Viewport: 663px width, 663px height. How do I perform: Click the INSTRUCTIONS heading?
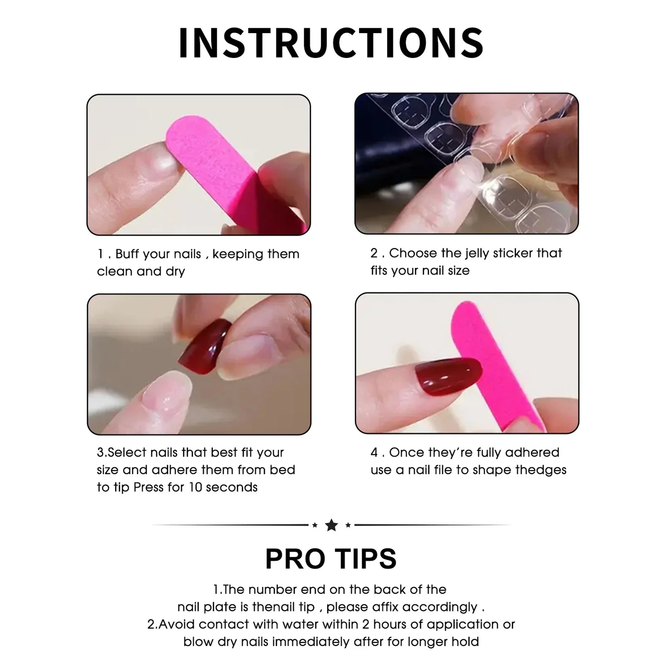coord(331,43)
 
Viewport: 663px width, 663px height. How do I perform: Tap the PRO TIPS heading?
coord(331,559)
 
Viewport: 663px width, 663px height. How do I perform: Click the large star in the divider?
coord(331,525)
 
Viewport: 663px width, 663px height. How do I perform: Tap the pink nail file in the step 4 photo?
coord(497,365)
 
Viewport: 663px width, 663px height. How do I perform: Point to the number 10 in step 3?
coord(195,487)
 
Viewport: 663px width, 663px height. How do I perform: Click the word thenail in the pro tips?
coord(283,607)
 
